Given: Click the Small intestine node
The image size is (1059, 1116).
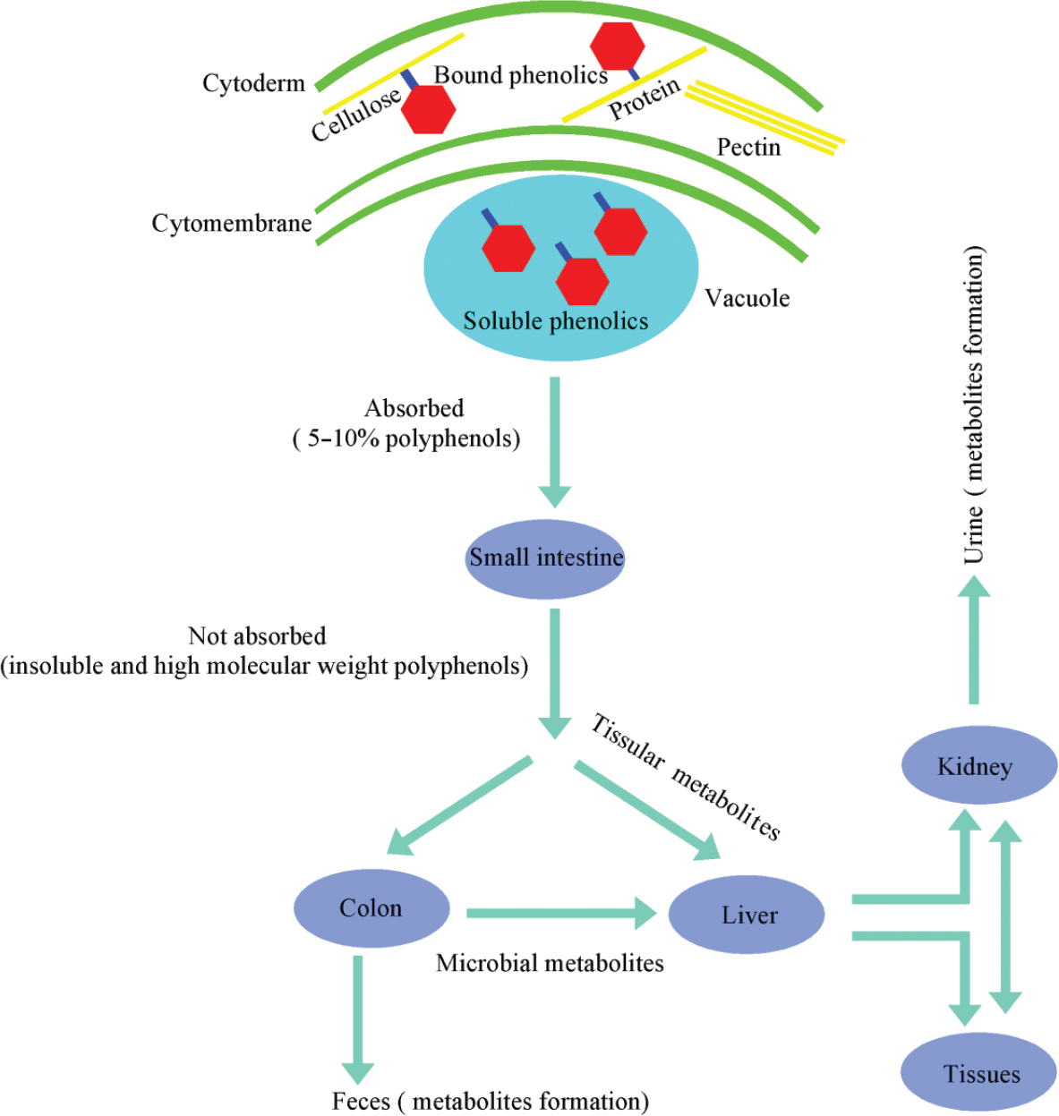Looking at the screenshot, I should (x=545, y=558).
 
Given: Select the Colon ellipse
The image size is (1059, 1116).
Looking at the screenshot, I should (x=371, y=908).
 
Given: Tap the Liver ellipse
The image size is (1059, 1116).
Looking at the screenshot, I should (x=747, y=915).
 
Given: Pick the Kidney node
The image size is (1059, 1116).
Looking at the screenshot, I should (x=978, y=766).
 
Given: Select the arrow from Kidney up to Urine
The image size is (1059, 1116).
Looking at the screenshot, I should (x=974, y=640).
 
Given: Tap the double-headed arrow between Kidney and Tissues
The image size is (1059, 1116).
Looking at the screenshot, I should (x=1005, y=917).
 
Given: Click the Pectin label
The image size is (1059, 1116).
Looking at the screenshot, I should (x=748, y=147).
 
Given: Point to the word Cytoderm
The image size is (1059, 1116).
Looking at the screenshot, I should (x=253, y=83).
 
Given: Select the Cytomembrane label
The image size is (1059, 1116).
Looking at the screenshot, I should (x=232, y=223).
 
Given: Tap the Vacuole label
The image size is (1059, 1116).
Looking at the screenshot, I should (x=747, y=298).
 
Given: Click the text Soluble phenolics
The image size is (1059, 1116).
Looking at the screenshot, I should (x=555, y=321).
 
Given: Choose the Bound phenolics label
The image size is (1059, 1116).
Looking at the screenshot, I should (x=520, y=75).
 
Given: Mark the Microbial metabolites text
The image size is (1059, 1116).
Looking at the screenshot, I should (x=550, y=963).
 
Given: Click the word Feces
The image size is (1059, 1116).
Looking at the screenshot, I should (x=361, y=1101).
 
